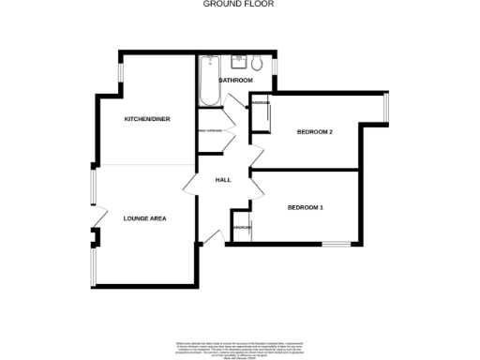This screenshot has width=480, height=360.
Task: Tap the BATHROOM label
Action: pyautogui.click(x=235, y=81)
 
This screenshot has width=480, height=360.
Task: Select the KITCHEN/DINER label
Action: pyautogui.click(x=148, y=120)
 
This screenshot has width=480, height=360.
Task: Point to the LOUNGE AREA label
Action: pyautogui.click(x=144, y=218)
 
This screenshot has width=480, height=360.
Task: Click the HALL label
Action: pyautogui.click(x=223, y=180)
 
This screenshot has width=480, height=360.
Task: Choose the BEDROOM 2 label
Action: pyautogui.click(x=315, y=132)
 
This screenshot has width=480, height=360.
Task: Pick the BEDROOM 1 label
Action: pyautogui.click(x=306, y=207)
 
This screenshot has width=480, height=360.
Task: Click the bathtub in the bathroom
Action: pyautogui.click(x=206, y=81)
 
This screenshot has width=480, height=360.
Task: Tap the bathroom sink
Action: pyautogui.click(x=235, y=62)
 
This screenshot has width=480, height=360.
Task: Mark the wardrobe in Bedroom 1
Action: pyautogui.click(x=241, y=229)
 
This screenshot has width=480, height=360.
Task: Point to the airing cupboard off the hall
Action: pyautogui.click(x=209, y=129)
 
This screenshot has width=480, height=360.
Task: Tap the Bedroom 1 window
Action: pyautogui.click(x=335, y=245)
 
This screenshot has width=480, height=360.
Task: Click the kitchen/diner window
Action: pyautogui.click(x=119, y=75)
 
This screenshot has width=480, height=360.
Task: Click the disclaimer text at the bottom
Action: pyautogui.click(x=239, y=348)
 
